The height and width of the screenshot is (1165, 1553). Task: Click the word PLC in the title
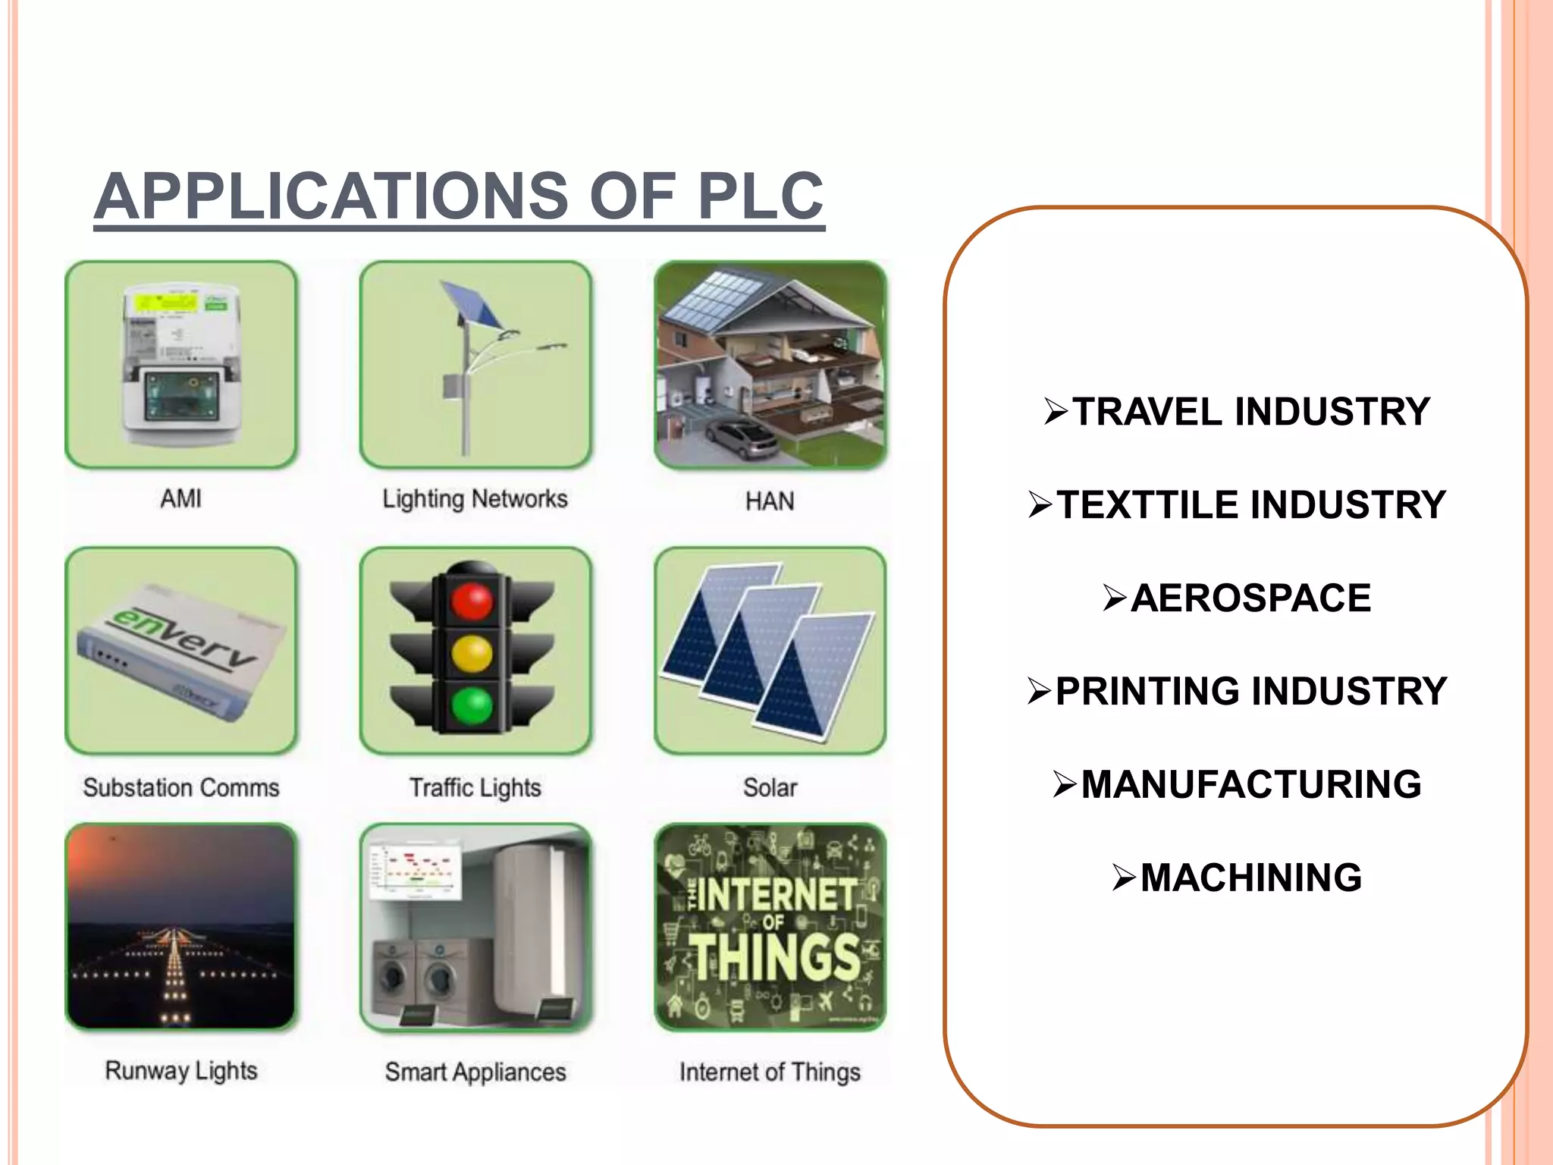(x=760, y=196)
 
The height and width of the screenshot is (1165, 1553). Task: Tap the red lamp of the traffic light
(x=472, y=601)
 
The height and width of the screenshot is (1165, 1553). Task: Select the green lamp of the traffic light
(x=472, y=705)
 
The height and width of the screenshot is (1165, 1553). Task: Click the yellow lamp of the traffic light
(x=472, y=654)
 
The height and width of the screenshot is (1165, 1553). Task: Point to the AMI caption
(x=181, y=498)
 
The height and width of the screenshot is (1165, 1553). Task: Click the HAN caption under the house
(x=770, y=501)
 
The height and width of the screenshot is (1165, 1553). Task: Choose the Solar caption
(x=770, y=787)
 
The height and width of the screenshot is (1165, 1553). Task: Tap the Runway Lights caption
(x=181, y=1070)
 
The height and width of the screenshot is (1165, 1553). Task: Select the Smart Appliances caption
(x=475, y=1072)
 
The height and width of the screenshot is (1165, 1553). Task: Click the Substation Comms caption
(x=181, y=787)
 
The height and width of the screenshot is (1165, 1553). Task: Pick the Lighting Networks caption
(x=475, y=498)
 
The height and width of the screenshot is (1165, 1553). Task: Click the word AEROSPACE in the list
(x=1250, y=598)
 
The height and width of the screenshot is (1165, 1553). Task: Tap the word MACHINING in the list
(x=1250, y=878)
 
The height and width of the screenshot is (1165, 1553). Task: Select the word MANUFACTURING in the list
(x=1251, y=784)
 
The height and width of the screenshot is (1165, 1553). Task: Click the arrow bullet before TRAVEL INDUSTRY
(x=1056, y=411)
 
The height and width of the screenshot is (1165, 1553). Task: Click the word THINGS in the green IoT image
(x=775, y=957)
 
